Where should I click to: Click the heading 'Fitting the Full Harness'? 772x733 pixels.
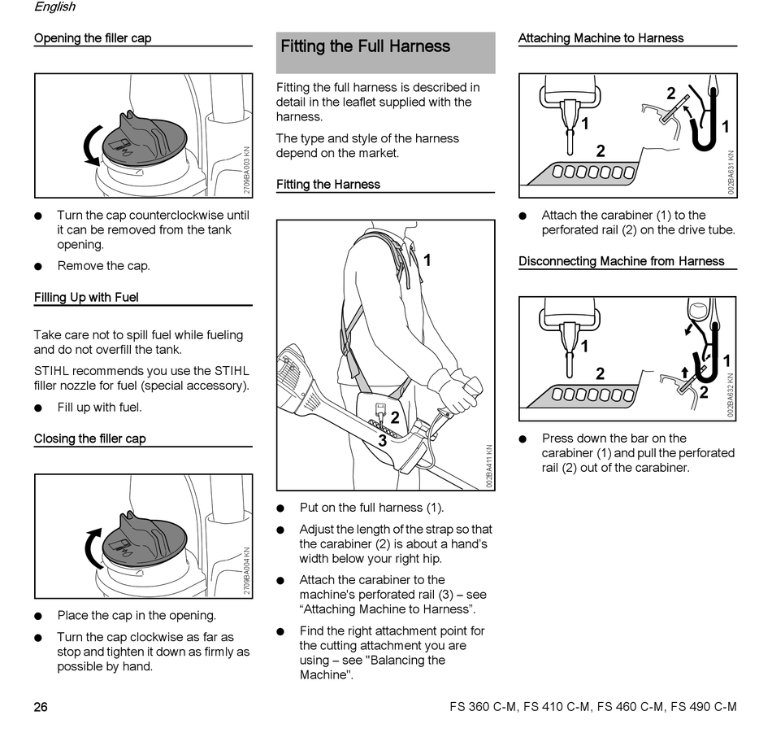[x=365, y=46]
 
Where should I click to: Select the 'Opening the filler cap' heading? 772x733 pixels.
[x=93, y=38]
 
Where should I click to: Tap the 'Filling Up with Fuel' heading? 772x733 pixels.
[x=86, y=298]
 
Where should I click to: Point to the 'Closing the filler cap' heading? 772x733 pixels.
[x=90, y=439]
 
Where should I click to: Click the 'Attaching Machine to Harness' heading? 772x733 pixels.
[x=601, y=38]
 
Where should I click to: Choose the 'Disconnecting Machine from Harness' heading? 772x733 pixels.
[x=621, y=262]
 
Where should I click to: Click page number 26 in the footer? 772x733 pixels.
[x=41, y=707]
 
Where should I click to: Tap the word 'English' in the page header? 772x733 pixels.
[x=54, y=7]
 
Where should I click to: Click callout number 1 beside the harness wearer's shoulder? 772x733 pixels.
[x=427, y=260]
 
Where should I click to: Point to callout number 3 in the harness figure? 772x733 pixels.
[x=381, y=440]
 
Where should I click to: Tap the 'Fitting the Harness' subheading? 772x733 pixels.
[x=327, y=185]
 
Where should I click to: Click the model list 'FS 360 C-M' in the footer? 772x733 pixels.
[x=483, y=707]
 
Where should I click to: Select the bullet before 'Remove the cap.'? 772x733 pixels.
[x=38, y=267]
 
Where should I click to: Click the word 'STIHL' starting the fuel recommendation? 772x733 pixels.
[x=52, y=371]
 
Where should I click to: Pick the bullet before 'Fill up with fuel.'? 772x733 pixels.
[x=38, y=408]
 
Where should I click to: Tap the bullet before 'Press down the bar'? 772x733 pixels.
[x=523, y=439]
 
